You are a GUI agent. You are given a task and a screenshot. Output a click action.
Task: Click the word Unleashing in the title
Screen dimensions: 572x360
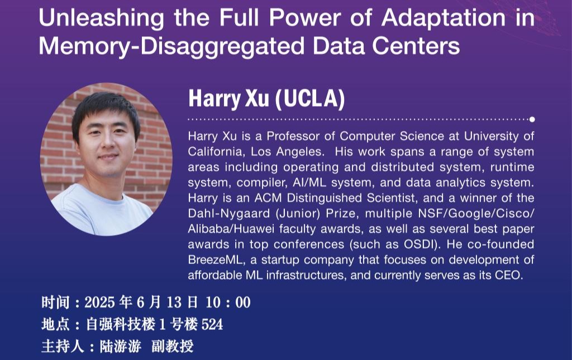click(102, 18)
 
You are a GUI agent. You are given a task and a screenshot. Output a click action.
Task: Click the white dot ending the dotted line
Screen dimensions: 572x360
click(532, 119)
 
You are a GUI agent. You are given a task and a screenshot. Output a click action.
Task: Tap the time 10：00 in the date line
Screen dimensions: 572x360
click(228, 303)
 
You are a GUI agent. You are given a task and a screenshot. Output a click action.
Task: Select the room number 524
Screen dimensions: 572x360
click(212, 324)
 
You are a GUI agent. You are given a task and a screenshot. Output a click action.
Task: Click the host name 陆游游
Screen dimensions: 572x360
click(121, 346)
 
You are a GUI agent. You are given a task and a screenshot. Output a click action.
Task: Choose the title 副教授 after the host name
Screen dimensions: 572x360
click(172, 346)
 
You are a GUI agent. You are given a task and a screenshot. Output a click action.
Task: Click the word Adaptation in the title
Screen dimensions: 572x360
click(444, 18)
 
